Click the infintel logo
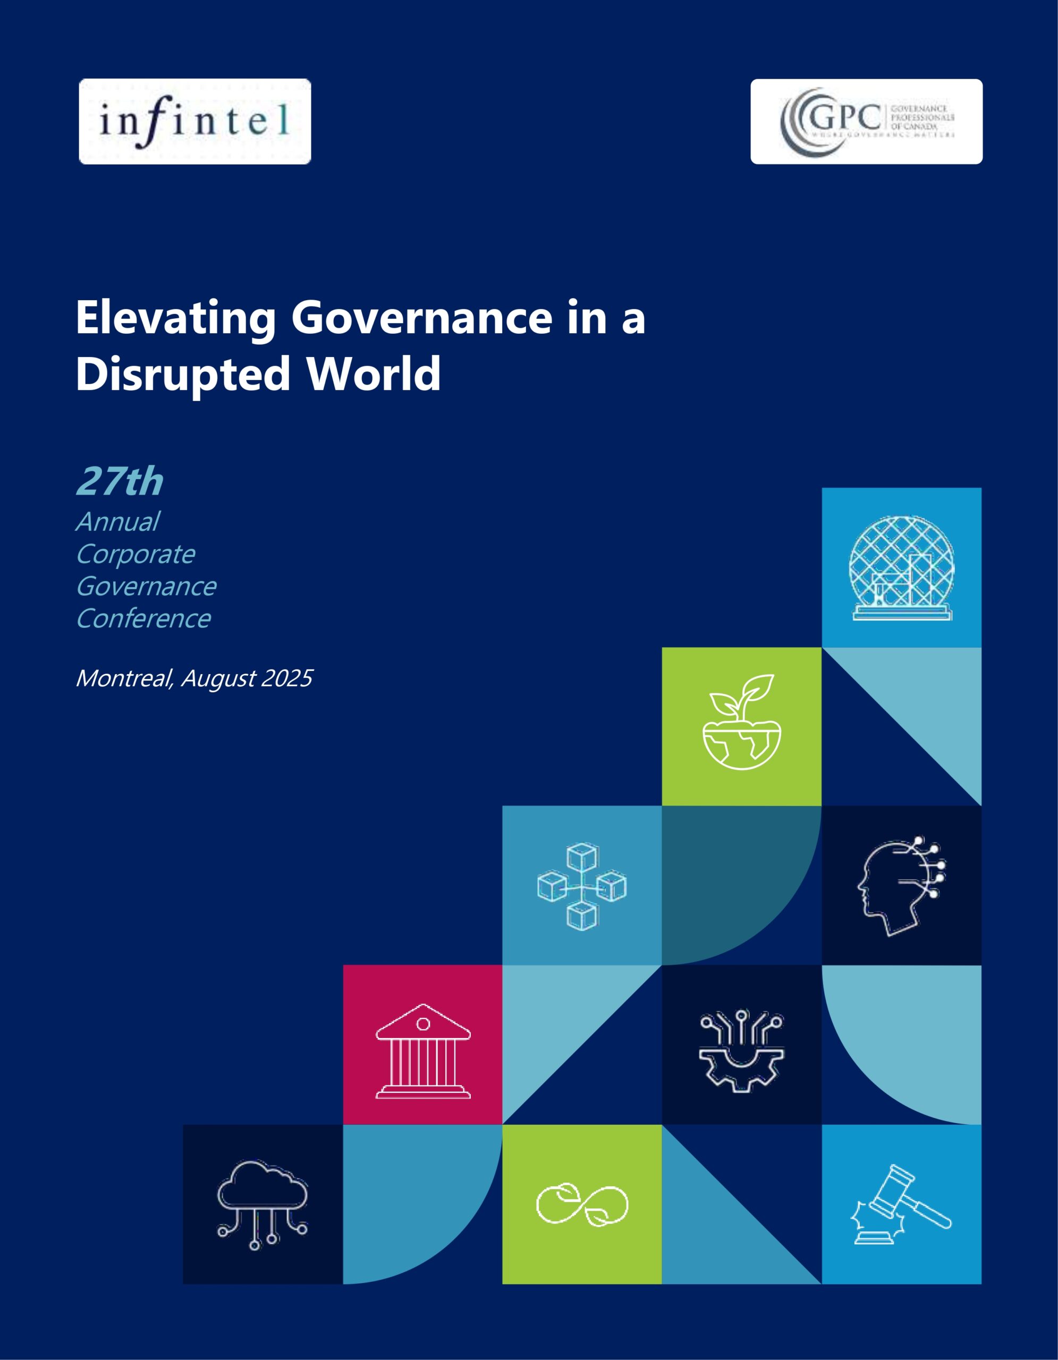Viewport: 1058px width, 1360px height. point(194,122)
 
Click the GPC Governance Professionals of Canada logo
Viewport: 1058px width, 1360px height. point(866,122)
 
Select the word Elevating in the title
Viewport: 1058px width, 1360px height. point(175,318)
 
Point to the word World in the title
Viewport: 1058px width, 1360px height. point(374,373)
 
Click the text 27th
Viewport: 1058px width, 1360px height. point(120,482)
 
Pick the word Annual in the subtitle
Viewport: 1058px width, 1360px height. point(117,522)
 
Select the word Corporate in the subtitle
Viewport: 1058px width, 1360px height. point(135,554)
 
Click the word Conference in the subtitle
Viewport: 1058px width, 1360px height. point(143,619)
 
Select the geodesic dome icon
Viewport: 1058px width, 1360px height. point(901,567)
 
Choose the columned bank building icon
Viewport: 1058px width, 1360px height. point(423,1052)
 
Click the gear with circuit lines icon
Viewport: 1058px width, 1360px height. point(741,1052)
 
